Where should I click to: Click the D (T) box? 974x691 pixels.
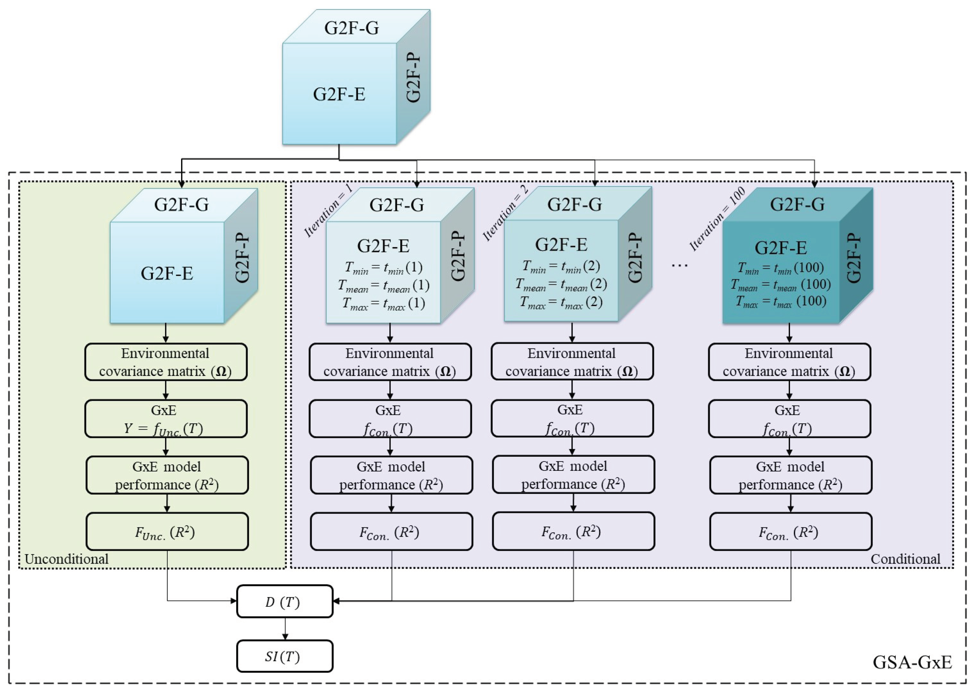(x=284, y=601)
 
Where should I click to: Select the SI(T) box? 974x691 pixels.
(x=284, y=656)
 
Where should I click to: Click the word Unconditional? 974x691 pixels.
(x=67, y=559)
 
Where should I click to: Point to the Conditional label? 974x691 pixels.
(x=905, y=559)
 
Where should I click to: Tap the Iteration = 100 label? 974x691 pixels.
(x=718, y=219)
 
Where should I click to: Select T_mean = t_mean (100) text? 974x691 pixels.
(x=781, y=285)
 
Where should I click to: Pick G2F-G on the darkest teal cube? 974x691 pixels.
(x=797, y=205)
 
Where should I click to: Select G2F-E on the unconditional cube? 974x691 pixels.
(x=167, y=273)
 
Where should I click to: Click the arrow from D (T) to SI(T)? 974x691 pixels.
(x=285, y=628)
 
